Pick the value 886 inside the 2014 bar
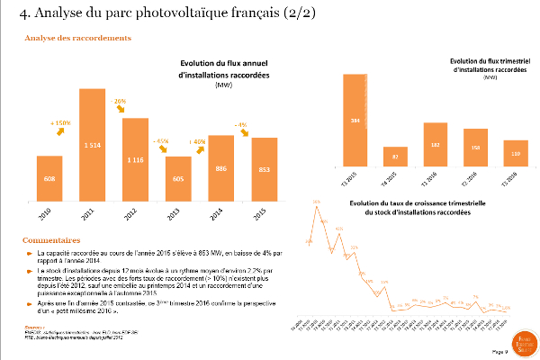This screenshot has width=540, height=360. [x=220, y=168]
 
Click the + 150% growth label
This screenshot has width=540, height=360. [x=60, y=121]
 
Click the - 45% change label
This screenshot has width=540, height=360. [x=163, y=141]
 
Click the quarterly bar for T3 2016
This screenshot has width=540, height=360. [x=516, y=154]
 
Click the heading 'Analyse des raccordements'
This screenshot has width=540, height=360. [x=78, y=39]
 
